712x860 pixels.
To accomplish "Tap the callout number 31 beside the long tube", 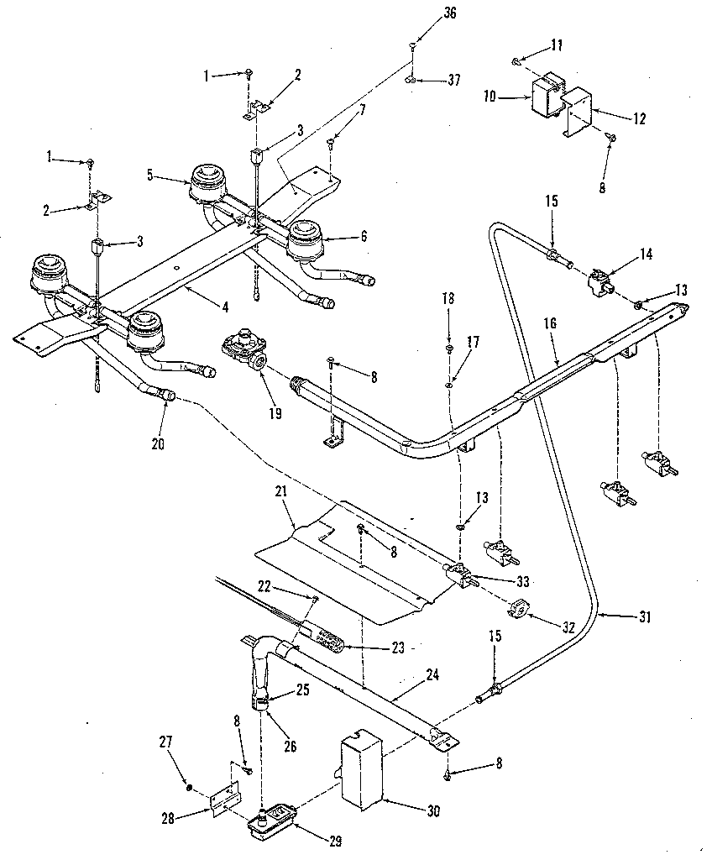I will click(644, 616).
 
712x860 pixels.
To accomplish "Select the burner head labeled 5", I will click(207, 182).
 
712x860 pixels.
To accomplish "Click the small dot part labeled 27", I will click(189, 786).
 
